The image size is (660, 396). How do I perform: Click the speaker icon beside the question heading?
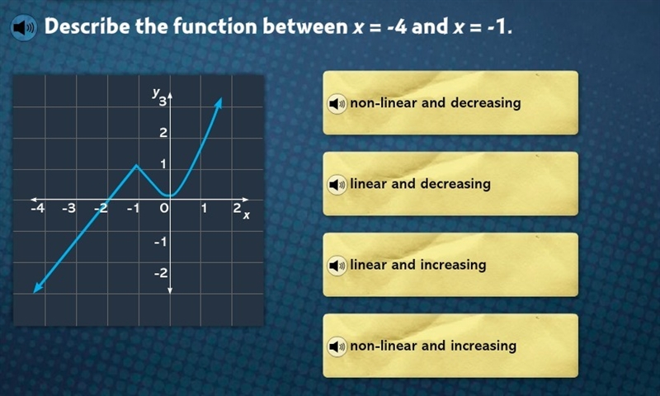pyautogui.click(x=24, y=28)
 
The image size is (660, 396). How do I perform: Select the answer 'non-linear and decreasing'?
pyautogui.click(x=450, y=102)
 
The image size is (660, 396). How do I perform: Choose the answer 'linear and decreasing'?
pyautogui.click(x=450, y=184)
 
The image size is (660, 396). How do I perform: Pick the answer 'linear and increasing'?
pyautogui.click(x=450, y=265)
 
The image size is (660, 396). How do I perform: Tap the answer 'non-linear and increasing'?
pyautogui.click(x=450, y=346)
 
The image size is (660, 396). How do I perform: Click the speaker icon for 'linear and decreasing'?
pyautogui.click(x=337, y=184)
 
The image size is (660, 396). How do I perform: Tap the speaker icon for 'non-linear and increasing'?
pyautogui.click(x=337, y=346)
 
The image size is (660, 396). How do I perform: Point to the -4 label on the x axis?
pyautogui.click(x=37, y=208)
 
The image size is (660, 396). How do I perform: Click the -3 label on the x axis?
pyautogui.click(x=68, y=208)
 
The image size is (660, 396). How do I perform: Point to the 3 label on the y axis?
pyautogui.click(x=163, y=101)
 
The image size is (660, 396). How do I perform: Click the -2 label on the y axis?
pyautogui.click(x=161, y=273)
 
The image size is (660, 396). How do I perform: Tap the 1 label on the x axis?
pyautogui.click(x=204, y=208)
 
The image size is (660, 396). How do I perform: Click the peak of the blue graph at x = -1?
pyautogui.click(x=136, y=165)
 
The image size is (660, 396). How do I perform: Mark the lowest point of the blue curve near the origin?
pyautogui.click(x=170, y=196)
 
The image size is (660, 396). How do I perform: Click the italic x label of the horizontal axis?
pyautogui.click(x=246, y=215)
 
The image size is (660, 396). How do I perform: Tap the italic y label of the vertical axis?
pyautogui.click(x=156, y=92)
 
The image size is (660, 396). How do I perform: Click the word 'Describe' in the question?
pyautogui.click(x=87, y=26)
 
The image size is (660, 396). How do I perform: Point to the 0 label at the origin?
pyautogui.click(x=164, y=208)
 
